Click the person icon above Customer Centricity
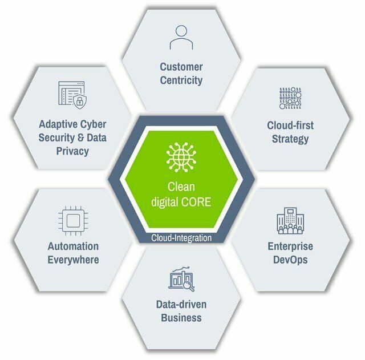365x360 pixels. click(181, 37)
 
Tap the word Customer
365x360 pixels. click(181, 67)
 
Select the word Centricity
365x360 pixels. click(181, 80)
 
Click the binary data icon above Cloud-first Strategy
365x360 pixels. click(290, 98)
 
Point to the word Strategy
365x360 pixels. click(290, 139)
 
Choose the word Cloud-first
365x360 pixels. click(290, 125)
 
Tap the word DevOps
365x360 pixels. click(290, 260)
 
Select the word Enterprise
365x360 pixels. click(290, 246)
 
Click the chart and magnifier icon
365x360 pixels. click(181, 279)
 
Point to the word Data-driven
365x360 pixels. click(181, 304)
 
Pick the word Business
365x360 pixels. click(181, 318)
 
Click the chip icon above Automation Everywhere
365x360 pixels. click(72, 221)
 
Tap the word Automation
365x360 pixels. click(72, 246)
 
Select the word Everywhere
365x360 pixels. click(72, 260)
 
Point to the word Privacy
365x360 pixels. click(72, 151)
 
